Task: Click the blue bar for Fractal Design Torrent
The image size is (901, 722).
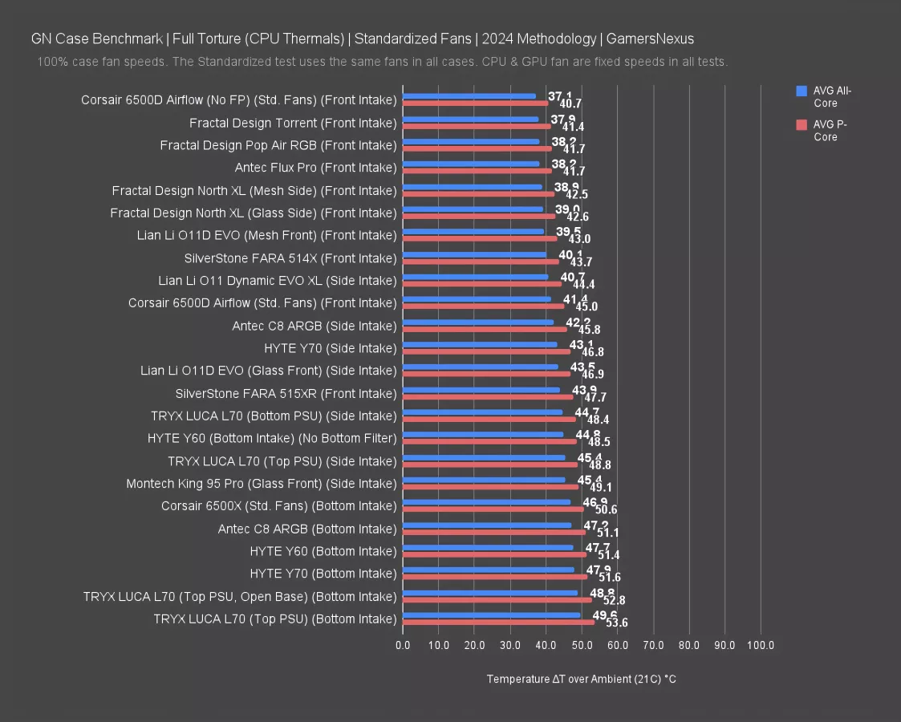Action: point(470,120)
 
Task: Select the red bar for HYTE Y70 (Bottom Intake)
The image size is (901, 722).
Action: point(494,577)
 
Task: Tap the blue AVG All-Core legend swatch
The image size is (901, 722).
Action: point(801,91)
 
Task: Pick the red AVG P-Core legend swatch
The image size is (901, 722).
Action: point(801,124)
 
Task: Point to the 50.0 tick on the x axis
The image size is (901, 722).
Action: point(582,645)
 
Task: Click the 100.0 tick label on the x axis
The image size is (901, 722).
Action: point(760,645)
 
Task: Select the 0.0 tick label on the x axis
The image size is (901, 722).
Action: point(403,645)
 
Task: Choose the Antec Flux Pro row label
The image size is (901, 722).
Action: point(315,168)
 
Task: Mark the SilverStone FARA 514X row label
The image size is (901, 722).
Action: point(290,258)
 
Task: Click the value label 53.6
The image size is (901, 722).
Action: point(617,623)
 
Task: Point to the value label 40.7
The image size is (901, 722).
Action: point(570,103)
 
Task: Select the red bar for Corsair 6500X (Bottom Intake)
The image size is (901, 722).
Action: point(493,509)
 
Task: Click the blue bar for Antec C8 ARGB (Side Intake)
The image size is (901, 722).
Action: point(477,322)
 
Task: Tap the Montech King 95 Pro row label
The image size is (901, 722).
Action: point(262,484)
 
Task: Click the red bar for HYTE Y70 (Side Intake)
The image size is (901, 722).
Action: point(486,351)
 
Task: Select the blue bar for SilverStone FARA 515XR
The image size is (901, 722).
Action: point(481,390)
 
